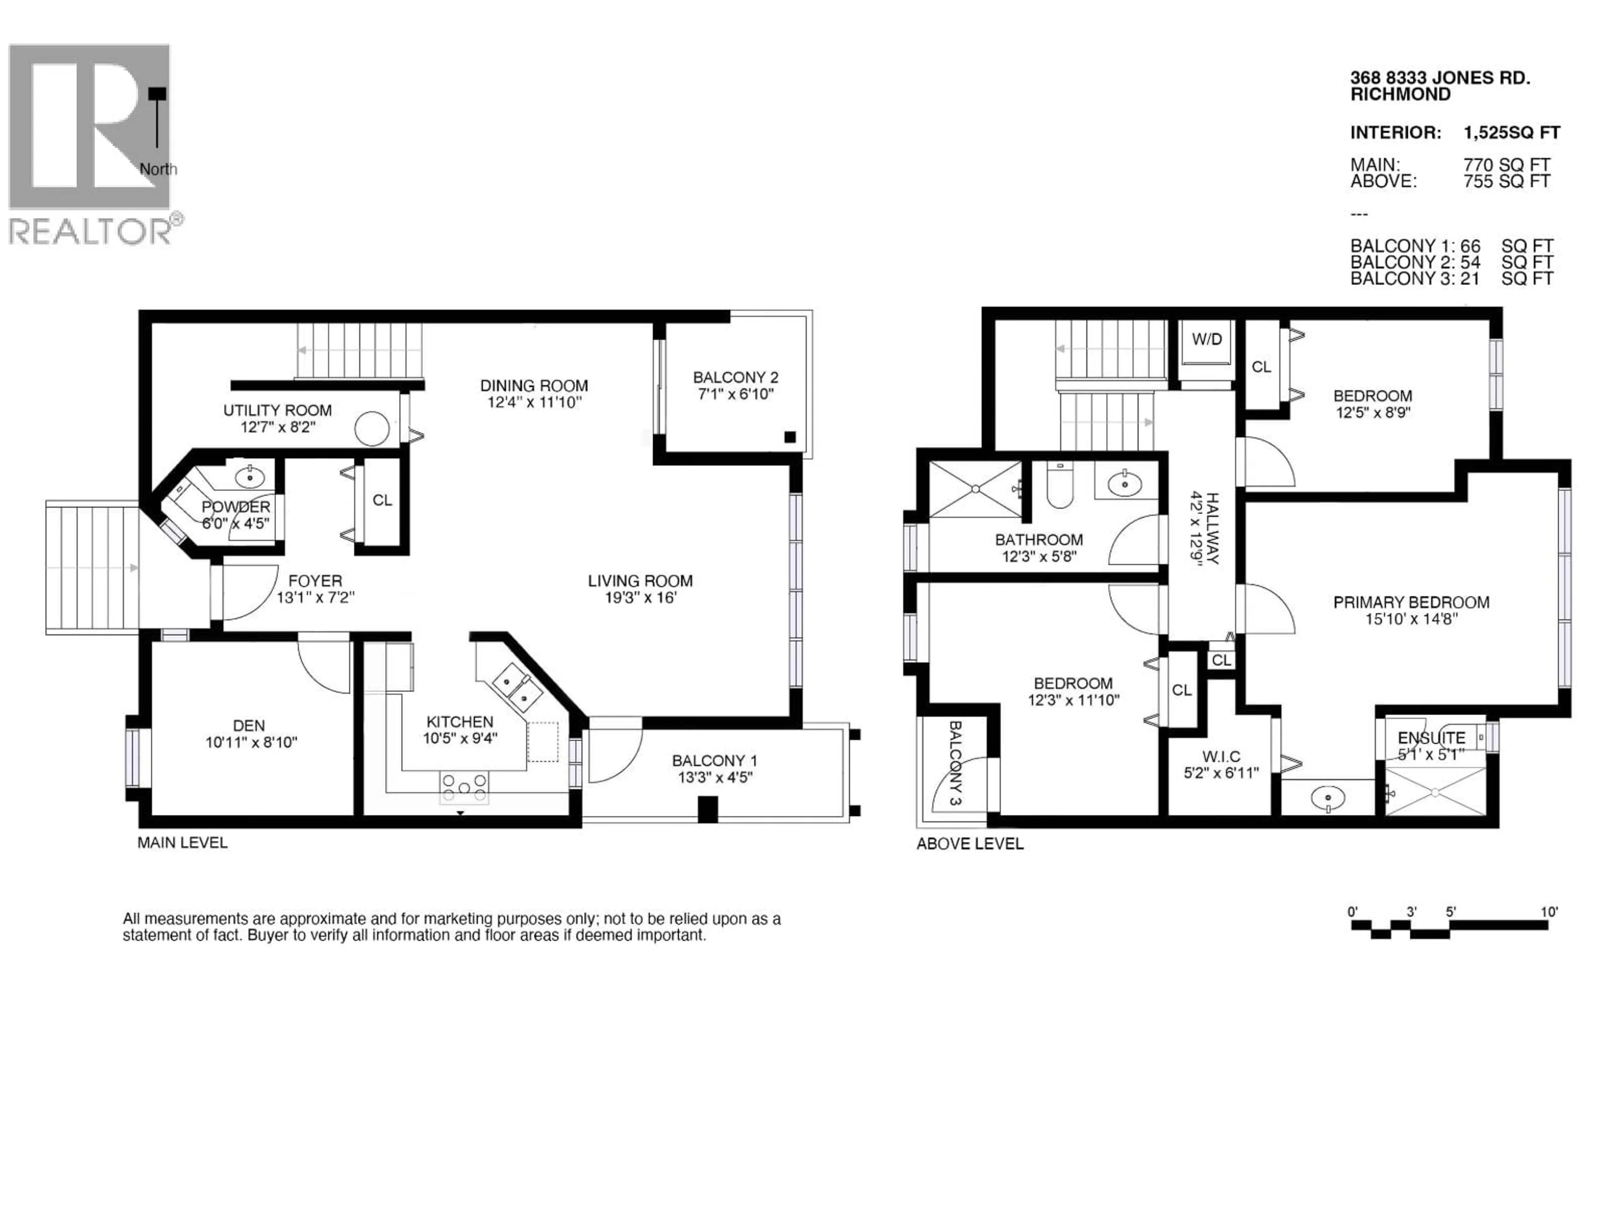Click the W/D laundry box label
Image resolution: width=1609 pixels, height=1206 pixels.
[x=1207, y=340]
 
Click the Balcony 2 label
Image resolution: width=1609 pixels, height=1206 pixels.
[x=735, y=377]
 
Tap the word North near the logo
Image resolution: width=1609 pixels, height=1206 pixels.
[x=158, y=169]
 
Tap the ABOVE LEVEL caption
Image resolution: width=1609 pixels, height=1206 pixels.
[x=970, y=844]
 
